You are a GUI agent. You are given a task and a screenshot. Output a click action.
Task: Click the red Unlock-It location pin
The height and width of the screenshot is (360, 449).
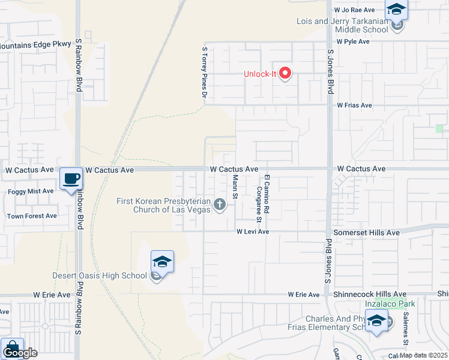285,74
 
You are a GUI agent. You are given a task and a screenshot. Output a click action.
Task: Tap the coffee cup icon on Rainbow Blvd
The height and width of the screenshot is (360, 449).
71,178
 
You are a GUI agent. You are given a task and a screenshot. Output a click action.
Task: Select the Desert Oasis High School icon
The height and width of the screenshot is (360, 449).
162,262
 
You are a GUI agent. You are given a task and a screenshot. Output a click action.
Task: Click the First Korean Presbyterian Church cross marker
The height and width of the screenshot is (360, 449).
220,205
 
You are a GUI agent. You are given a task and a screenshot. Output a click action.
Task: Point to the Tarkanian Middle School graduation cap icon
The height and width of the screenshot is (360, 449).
396,10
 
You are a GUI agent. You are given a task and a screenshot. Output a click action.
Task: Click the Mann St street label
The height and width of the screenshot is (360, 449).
235,187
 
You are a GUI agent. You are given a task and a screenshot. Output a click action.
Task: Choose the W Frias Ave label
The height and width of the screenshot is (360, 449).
354,106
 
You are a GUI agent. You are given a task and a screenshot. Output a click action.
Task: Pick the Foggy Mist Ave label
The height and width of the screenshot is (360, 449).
31,191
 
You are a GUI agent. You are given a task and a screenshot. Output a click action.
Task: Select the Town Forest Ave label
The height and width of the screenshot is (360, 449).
32,216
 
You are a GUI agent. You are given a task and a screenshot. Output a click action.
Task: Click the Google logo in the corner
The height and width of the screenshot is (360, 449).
20,353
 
